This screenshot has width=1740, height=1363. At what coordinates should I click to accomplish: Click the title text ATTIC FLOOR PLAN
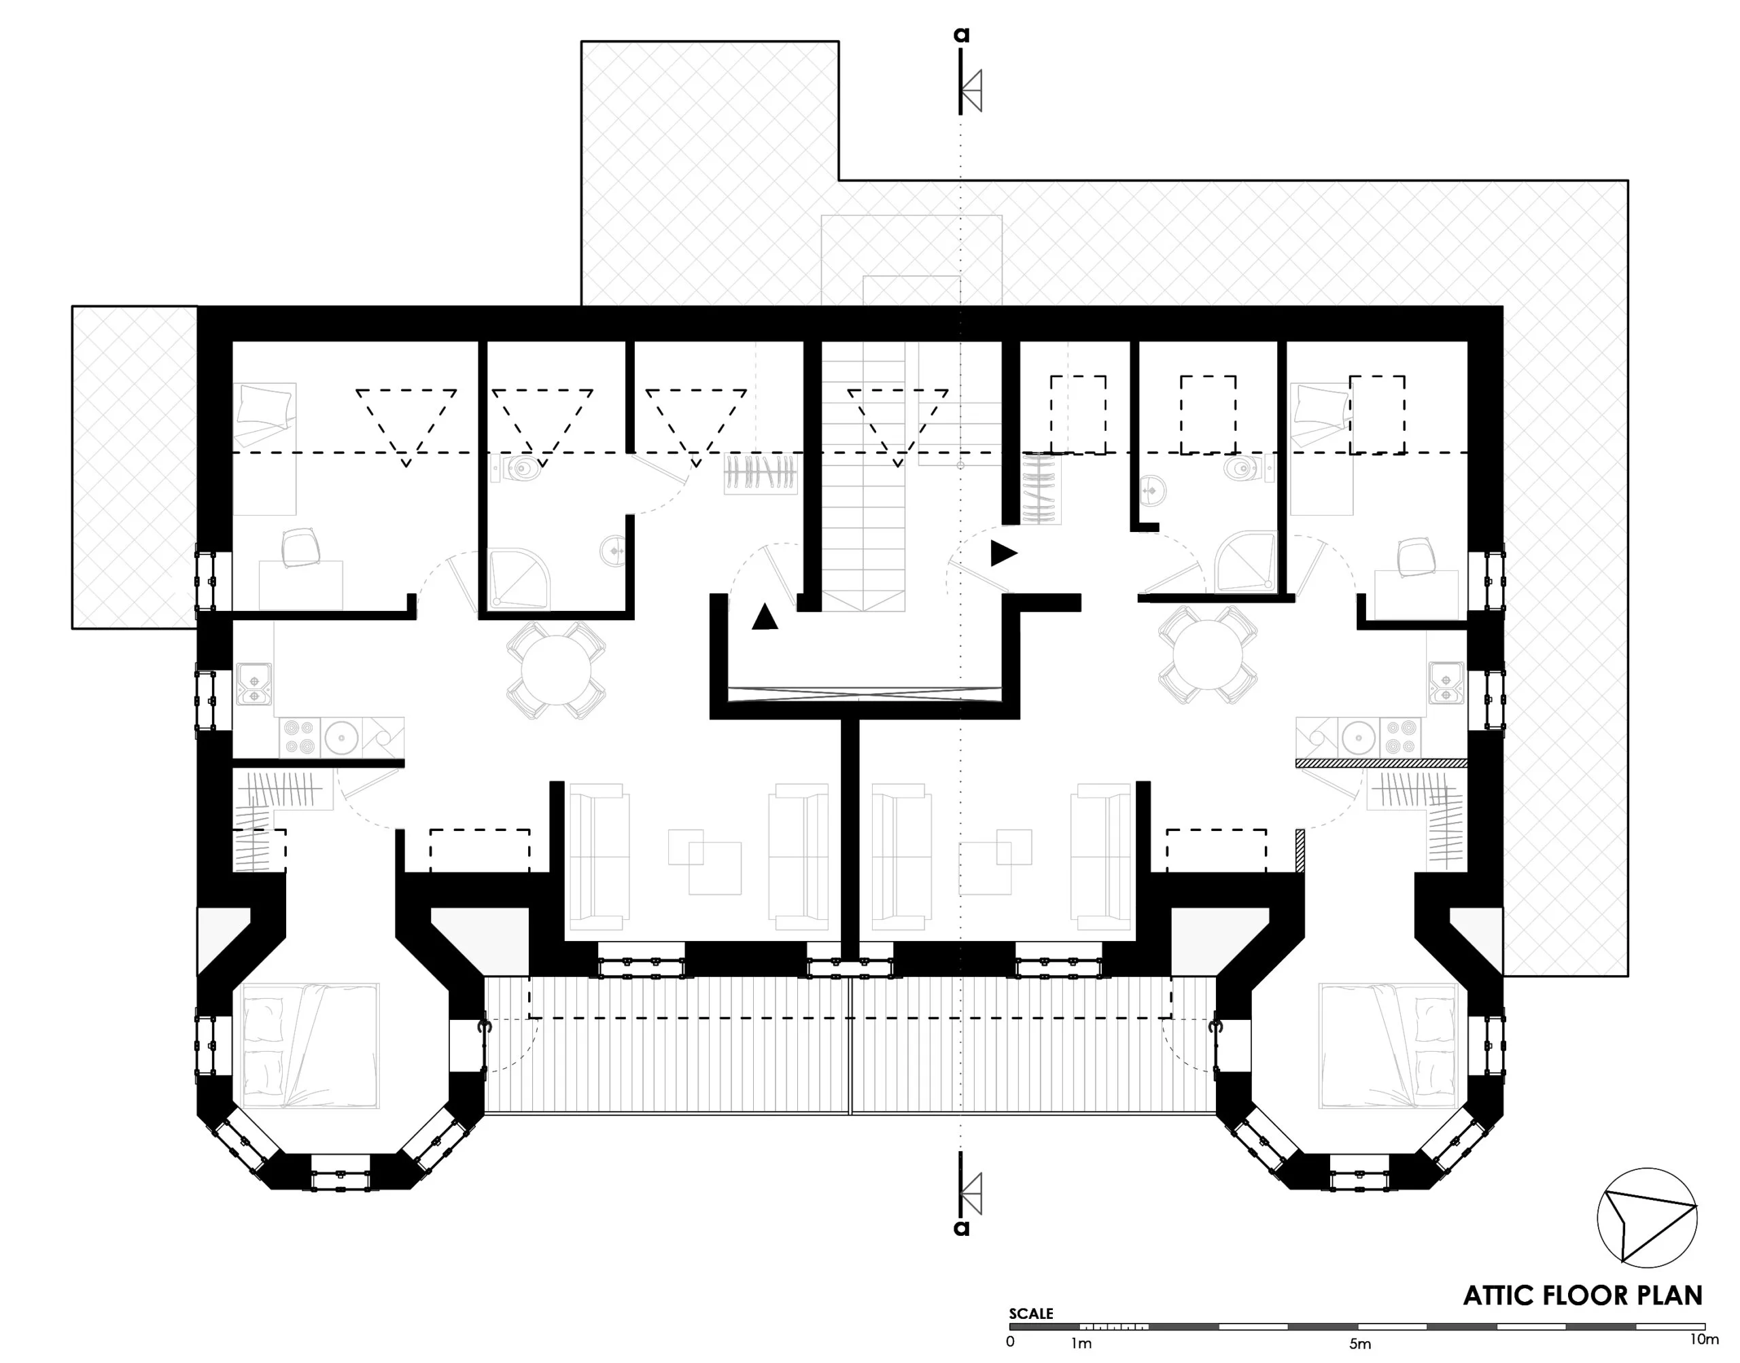(1583, 1295)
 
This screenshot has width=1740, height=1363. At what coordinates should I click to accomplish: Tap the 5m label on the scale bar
(1360, 1344)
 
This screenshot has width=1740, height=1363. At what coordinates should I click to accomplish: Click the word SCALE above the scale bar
(1030, 1313)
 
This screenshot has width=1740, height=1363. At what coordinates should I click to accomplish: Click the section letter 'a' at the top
(961, 35)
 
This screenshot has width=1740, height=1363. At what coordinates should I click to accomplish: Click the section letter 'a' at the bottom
(962, 1228)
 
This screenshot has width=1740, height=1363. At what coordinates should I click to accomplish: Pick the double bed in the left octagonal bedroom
(311, 1046)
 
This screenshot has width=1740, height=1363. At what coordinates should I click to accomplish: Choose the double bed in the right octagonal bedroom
(1388, 1046)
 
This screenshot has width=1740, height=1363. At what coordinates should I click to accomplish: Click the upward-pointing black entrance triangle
(765, 617)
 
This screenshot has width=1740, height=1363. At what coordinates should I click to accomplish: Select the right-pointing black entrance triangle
(1004, 553)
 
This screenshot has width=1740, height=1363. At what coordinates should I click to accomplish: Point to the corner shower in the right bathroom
(1245, 563)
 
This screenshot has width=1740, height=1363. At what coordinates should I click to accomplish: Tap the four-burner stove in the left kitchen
(299, 737)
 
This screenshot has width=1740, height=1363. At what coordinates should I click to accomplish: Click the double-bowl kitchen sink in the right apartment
(1446, 682)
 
